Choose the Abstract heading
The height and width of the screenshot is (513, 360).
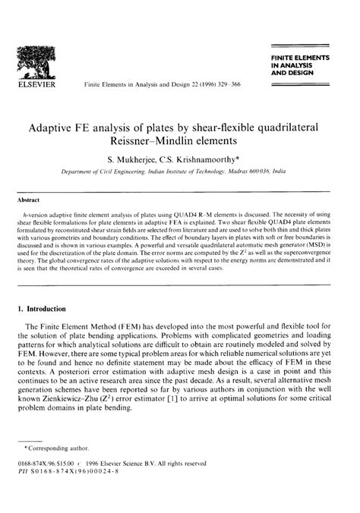(29, 201)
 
